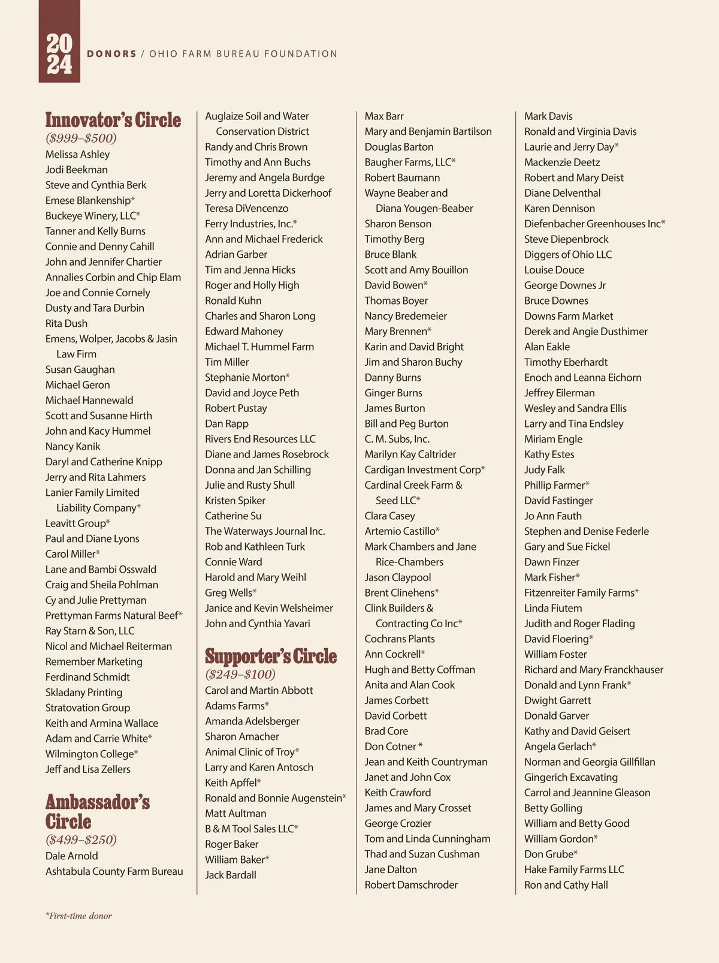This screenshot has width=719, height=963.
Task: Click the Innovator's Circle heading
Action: coord(113,120)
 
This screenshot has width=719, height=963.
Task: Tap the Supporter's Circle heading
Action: coord(271,656)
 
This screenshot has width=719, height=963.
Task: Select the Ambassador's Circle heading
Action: coord(97,811)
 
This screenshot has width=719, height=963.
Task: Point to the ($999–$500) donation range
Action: coord(81,138)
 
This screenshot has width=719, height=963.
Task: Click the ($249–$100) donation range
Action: coord(240,674)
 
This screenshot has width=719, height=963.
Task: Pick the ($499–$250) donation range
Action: coord(81,839)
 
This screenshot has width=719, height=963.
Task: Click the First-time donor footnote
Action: coord(78,916)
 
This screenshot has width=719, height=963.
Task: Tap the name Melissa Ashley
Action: coord(77,154)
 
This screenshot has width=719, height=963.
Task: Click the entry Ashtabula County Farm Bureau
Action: coord(114,871)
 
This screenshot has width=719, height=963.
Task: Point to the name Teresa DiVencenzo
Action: coord(246,208)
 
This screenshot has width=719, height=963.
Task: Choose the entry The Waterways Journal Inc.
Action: coord(265,531)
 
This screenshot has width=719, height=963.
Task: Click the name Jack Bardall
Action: coord(230,875)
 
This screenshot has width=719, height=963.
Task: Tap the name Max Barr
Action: coord(384,116)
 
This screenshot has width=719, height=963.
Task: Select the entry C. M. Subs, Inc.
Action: coord(397,439)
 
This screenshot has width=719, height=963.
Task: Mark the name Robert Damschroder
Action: coord(411,884)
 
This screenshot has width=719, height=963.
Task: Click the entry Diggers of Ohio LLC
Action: coord(568,254)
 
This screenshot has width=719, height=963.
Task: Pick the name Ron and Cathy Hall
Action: coord(566,884)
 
